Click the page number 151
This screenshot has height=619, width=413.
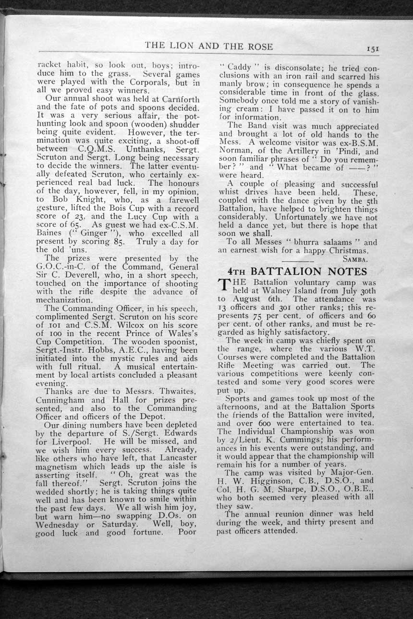(373, 48)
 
